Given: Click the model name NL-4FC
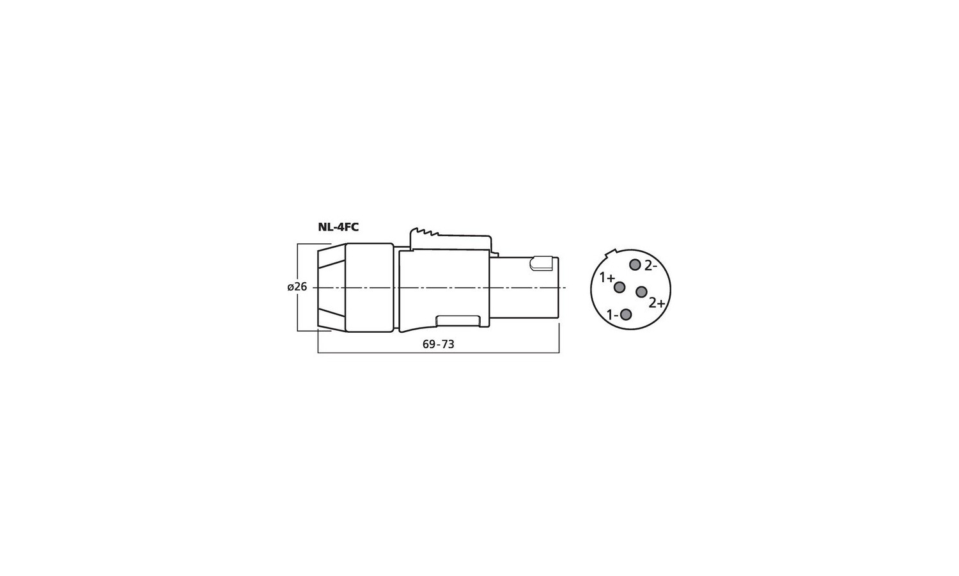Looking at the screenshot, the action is point(338,227).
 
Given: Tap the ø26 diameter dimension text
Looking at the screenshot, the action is point(297,287).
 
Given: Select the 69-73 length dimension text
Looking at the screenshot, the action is point(438,344).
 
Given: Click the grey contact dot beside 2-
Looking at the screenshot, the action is point(634,265).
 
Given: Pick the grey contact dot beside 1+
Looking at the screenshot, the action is point(619,287).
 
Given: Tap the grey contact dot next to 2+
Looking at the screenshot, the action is point(641,292).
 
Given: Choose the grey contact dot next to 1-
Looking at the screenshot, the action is point(626,315).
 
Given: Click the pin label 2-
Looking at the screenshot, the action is point(650,266).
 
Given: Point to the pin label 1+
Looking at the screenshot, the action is point(607,278).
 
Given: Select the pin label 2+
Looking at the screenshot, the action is point(657,303).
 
